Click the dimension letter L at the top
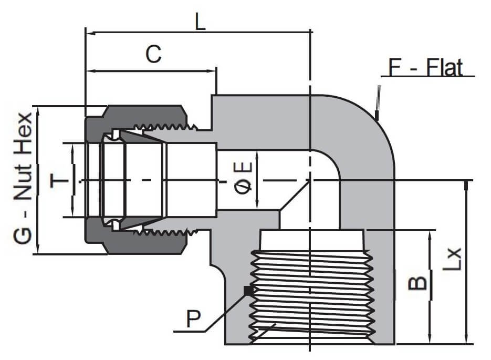[200, 22]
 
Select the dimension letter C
[153, 55]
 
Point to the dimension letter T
[59, 181]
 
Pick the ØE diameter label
[244, 180]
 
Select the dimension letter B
[417, 284]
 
